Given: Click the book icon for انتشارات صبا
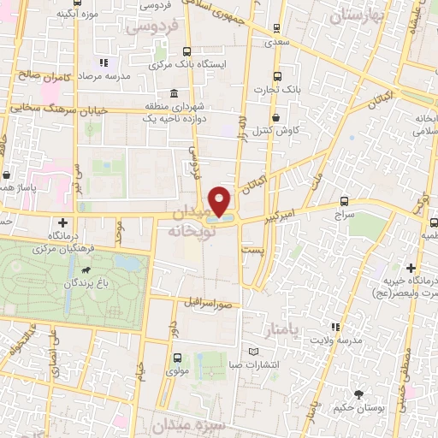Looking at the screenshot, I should point(252,352).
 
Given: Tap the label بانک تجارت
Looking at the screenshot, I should point(274,87).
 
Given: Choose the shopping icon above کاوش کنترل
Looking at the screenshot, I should point(275,118).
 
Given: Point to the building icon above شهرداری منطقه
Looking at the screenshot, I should point(174,92).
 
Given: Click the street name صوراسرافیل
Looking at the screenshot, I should point(207,303).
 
